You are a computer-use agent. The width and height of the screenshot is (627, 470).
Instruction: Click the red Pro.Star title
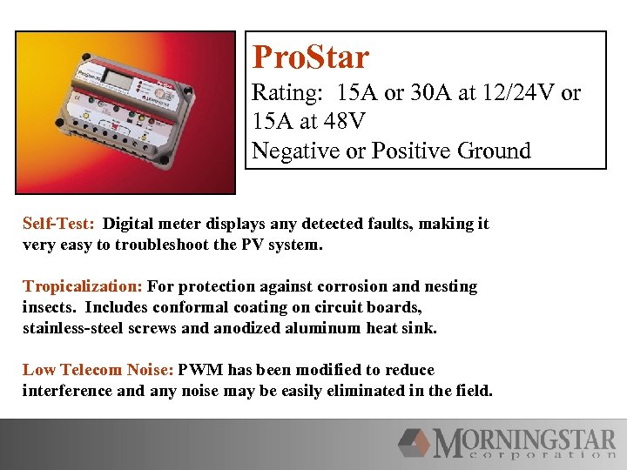point(310,57)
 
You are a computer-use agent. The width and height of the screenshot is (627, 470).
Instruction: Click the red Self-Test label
point(58,224)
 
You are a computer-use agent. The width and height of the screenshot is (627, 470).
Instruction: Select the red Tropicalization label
point(83,286)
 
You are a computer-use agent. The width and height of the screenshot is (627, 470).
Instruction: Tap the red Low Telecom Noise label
point(98,370)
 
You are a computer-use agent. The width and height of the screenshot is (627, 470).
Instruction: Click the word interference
point(67,391)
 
